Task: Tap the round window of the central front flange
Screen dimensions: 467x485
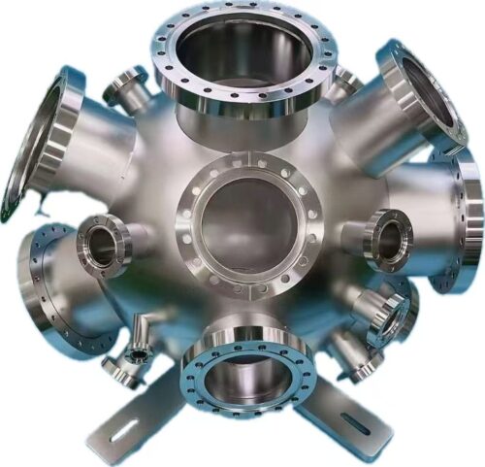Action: pyautogui.click(x=248, y=222)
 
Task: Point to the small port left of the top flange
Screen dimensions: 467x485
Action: pyautogui.click(x=126, y=88)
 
